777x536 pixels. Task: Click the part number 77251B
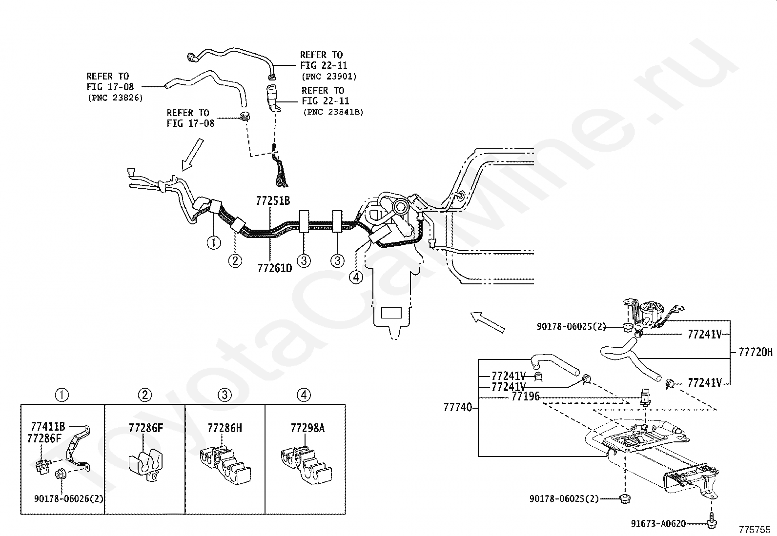(273, 201)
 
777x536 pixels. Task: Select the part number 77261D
(275, 268)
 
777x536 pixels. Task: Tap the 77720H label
(756, 352)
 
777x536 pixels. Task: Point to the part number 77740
(458, 407)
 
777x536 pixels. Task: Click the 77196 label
(526, 397)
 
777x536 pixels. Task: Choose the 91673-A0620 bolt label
(658, 523)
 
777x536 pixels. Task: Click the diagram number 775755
(755, 530)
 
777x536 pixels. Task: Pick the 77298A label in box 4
(307, 429)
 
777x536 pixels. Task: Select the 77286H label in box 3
(225, 428)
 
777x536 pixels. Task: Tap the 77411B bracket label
(48, 426)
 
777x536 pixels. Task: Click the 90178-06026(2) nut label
(69, 498)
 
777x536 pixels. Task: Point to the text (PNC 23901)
(329, 76)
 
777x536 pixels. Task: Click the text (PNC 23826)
(115, 98)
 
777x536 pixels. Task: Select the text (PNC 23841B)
(333, 112)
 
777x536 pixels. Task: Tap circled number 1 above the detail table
(62, 395)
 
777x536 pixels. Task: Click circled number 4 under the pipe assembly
(356, 277)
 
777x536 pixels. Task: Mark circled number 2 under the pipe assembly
(235, 260)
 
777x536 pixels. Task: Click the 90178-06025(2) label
(572, 326)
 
